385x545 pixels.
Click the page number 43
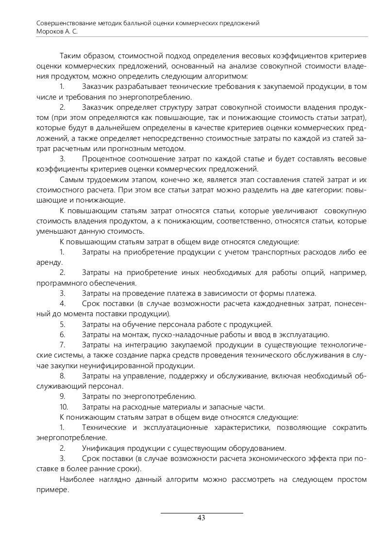(x=201, y=518)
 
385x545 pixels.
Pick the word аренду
(x=49, y=262)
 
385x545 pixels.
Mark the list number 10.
(x=64, y=407)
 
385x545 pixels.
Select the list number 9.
(x=62, y=396)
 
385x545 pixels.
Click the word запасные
(x=225, y=407)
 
